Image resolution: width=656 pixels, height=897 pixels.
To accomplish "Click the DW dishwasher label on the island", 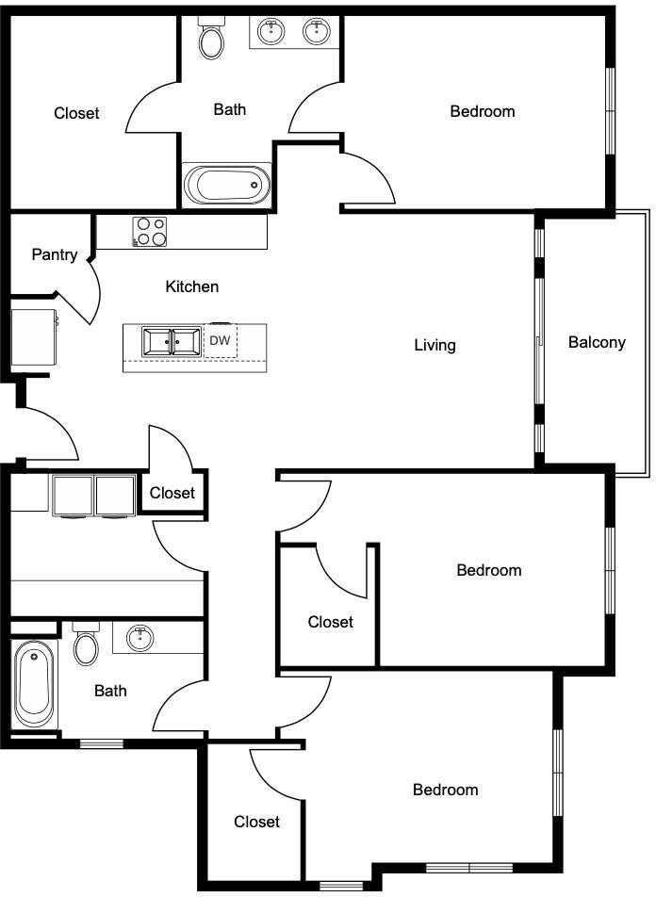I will point(220,341).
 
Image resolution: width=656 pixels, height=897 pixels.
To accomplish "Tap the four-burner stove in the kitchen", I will point(149,232).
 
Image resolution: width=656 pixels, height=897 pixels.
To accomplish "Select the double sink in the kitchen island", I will point(171,342).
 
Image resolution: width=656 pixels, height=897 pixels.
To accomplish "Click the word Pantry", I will point(54,254).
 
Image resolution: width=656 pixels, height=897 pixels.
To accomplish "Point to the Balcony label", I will point(597,342).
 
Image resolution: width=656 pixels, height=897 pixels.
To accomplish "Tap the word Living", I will point(435,345).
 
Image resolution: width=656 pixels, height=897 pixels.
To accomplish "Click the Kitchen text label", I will point(192,286).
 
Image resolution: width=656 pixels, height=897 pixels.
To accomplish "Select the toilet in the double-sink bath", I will point(211,39).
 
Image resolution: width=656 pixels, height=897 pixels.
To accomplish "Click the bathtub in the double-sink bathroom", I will point(227,185).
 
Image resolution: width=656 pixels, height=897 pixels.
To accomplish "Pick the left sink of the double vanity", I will point(272,32).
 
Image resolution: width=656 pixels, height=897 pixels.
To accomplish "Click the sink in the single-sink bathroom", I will point(139,638).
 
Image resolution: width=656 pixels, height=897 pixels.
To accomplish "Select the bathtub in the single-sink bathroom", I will point(34,683).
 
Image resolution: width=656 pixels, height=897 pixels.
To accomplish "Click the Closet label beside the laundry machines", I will point(172,493).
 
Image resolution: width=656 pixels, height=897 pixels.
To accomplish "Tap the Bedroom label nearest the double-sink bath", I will point(482,111).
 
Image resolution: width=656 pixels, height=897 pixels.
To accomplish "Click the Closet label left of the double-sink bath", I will point(76,113).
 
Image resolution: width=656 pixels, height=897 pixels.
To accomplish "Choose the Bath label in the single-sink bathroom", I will point(110,691).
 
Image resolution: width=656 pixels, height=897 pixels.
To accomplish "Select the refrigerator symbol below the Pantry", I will point(34,337).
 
